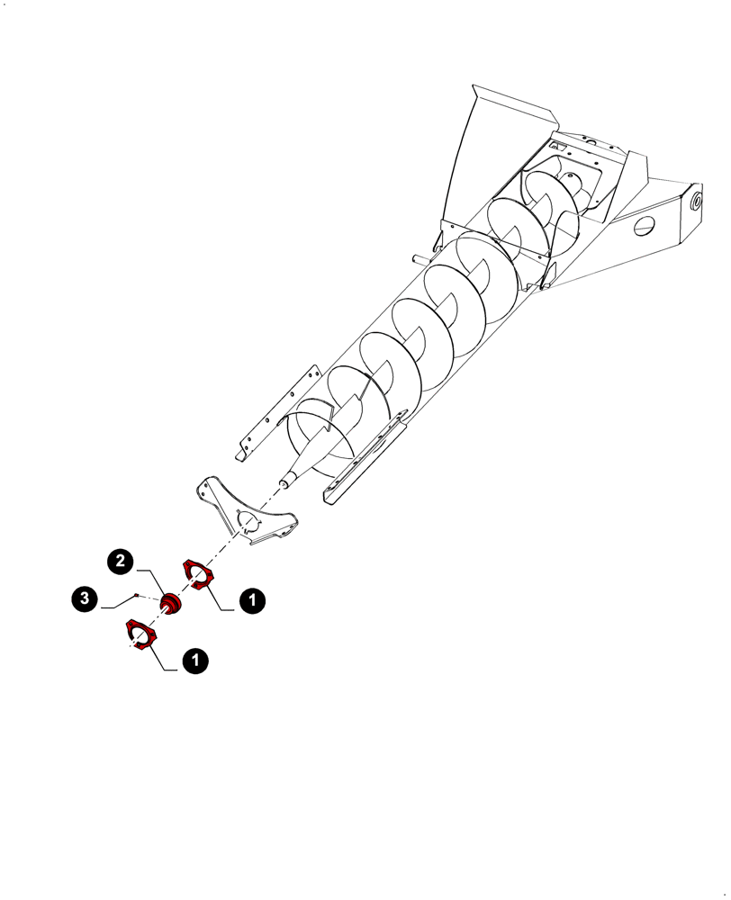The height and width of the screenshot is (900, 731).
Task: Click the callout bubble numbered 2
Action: [x=120, y=561]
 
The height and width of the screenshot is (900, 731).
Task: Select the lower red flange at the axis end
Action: [x=140, y=634]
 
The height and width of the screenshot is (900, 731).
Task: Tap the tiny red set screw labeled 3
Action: [x=136, y=596]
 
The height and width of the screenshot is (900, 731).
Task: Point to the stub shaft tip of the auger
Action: [x=284, y=483]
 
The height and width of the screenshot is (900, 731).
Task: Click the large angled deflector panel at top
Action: [x=504, y=144]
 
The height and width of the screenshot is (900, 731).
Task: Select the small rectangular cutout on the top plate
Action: [x=558, y=144]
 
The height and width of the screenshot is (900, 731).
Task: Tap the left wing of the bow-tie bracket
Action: [x=212, y=495]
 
